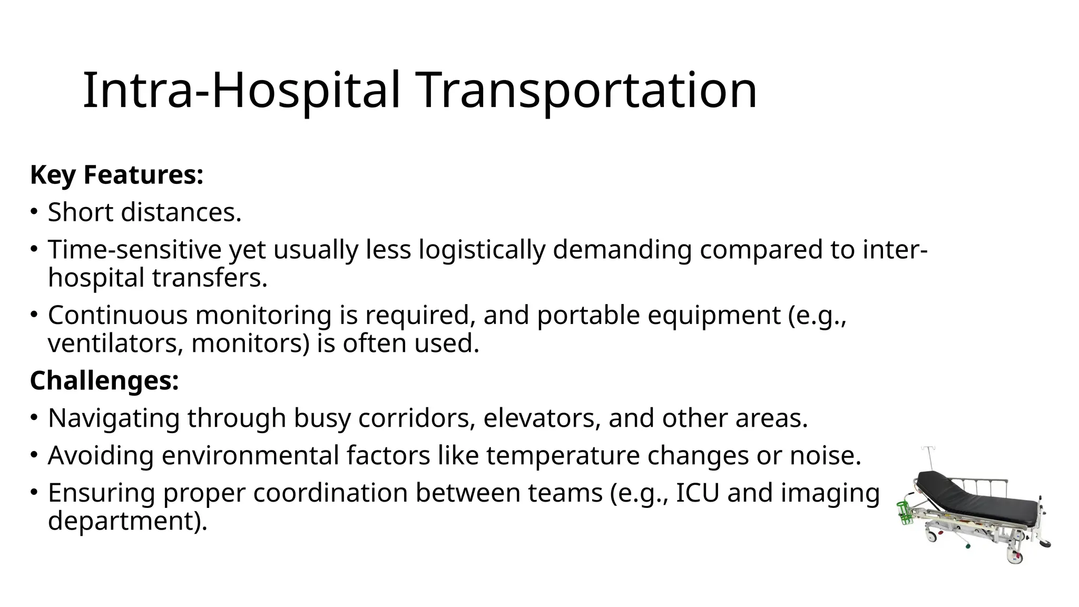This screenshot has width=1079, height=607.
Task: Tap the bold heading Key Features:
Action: [x=116, y=175]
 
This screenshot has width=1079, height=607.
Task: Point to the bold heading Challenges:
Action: [x=104, y=380]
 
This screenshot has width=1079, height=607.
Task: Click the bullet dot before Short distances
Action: [x=34, y=212]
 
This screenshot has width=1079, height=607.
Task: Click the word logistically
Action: [x=482, y=250]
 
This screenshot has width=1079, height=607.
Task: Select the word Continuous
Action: [x=118, y=316]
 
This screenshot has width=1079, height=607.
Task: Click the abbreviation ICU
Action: [x=698, y=493]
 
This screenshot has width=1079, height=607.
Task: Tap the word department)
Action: [x=127, y=521]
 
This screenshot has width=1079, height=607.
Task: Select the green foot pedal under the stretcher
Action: [x=967, y=546]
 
